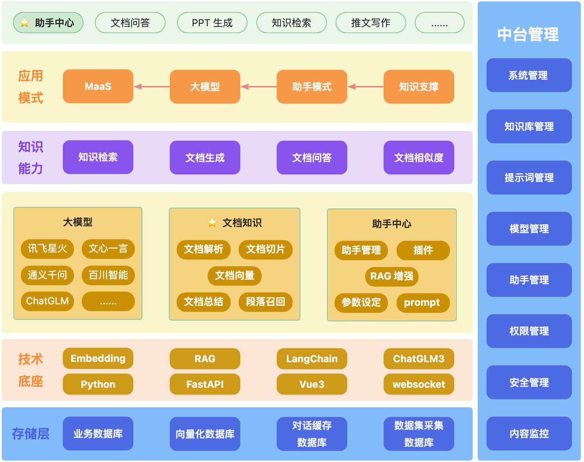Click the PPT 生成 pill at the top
[212, 23]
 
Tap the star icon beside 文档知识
[212, 223]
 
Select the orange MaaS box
[98, 86]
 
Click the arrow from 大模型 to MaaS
[152, 87]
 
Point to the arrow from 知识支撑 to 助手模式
[365, 87]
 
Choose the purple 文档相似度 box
[418, 158]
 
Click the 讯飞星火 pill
[47, 249]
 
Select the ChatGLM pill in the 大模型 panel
[47, 301]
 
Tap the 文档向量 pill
[235, 275]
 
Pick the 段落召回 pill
[265, 302]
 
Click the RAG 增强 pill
[391, 276]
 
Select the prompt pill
[423, 303]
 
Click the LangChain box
[312, 359]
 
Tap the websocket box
[418, 384]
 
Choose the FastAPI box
[205, 384]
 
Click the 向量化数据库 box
[205, 434]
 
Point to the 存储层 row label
[31, 434]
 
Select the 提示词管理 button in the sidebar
[529, 178]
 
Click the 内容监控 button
[529, 434]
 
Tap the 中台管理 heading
[528, 34]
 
